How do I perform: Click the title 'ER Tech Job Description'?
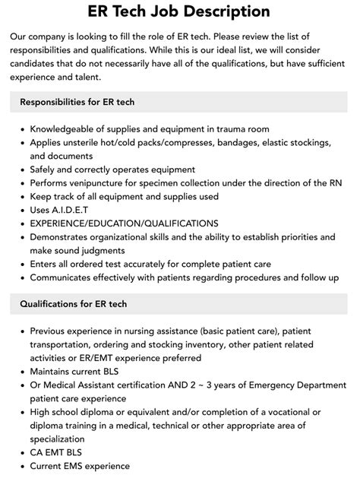(179, 11)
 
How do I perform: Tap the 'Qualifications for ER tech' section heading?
(74, 304)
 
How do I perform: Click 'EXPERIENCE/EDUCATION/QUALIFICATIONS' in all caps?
(124, 223)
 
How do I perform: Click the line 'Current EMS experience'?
(80, 466)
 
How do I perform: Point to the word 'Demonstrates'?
(64, 236)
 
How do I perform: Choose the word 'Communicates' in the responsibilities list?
(65, 277)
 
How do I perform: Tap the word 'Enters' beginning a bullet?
(46, 264)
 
